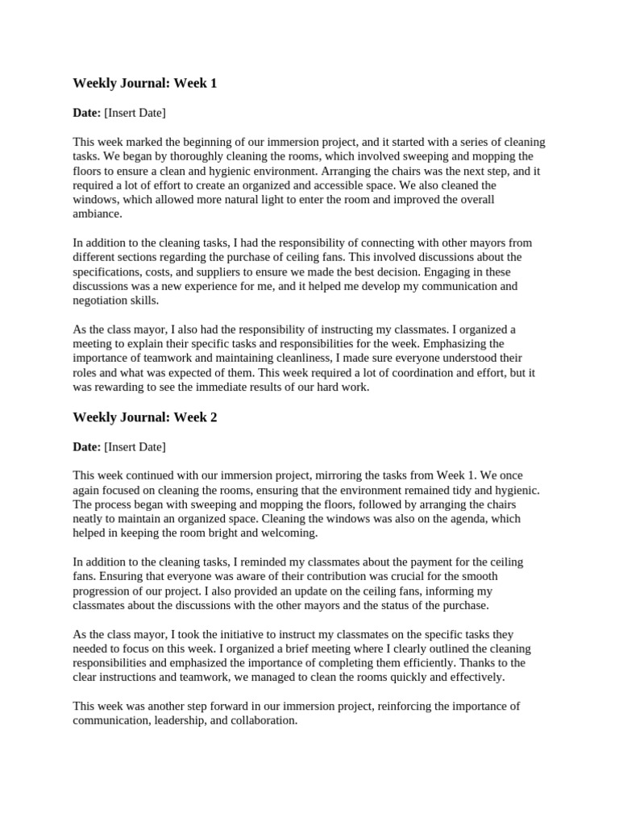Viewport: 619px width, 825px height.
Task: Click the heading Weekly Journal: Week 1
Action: click(145, 83)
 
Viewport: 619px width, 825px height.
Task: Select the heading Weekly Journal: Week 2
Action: click(145, 417)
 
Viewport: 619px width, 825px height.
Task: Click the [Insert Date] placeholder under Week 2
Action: click(135, 446)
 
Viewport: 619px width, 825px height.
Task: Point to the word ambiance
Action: click(97, 214)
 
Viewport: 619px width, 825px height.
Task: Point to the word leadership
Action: click(181, 720)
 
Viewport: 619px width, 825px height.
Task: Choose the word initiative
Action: click(239, 634)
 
